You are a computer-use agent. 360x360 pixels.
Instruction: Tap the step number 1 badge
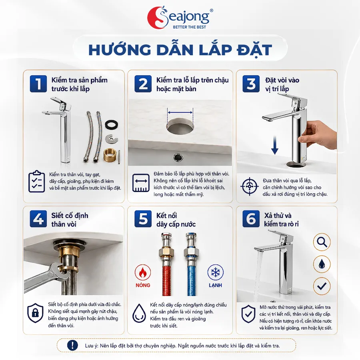(38, 84)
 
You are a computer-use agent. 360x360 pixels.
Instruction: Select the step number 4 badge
(38, 219)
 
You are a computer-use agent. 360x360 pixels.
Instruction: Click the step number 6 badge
(251, 219)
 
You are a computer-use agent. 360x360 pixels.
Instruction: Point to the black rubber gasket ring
(112, 125)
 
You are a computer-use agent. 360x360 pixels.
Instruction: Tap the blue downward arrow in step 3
(275, 145)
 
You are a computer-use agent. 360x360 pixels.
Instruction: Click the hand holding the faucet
(318, 136)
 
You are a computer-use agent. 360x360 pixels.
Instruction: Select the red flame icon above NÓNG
(143, 272)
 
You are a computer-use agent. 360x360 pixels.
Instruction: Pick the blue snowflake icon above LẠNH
(215, 272)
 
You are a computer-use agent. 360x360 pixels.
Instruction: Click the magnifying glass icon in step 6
(322, 242)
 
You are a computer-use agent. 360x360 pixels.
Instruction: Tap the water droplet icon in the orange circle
(322, 264)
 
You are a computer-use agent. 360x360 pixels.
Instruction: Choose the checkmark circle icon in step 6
(322, 286)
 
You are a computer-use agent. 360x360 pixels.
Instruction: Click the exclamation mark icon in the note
(72, 345)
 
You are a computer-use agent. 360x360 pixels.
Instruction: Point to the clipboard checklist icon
(37, 181)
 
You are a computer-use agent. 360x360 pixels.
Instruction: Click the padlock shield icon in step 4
(35, 313)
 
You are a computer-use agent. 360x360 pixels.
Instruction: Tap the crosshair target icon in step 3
(250, 186)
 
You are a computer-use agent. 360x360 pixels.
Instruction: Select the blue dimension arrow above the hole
(180, 112)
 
